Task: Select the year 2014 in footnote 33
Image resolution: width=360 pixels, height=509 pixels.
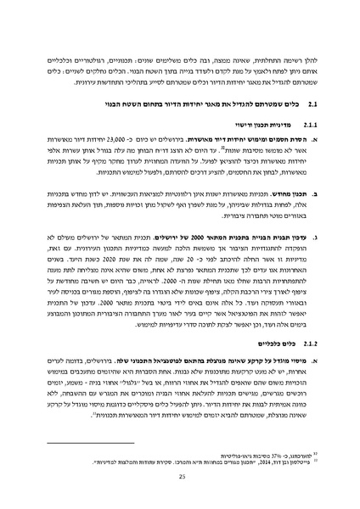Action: pos(240,460)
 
